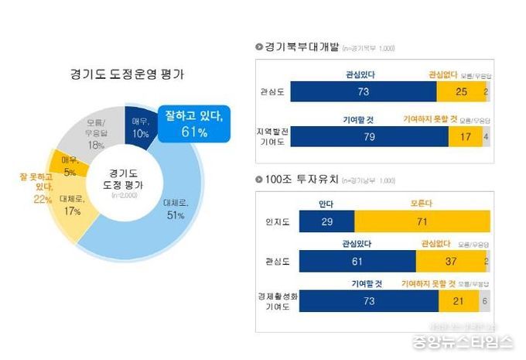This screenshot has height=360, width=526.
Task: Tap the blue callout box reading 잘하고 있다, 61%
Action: [x=193, y=124]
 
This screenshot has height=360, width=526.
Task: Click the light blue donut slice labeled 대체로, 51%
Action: [x=174, y=209]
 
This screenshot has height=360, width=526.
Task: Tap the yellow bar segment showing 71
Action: [x=422, y=221]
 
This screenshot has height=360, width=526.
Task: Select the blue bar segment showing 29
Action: [x=326, y=221]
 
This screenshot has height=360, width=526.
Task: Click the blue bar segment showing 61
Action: [x=357, y=261]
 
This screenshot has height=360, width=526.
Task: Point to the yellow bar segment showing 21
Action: [x=458, y=301]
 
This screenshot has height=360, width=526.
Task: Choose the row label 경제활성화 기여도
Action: [x=275, y=301]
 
